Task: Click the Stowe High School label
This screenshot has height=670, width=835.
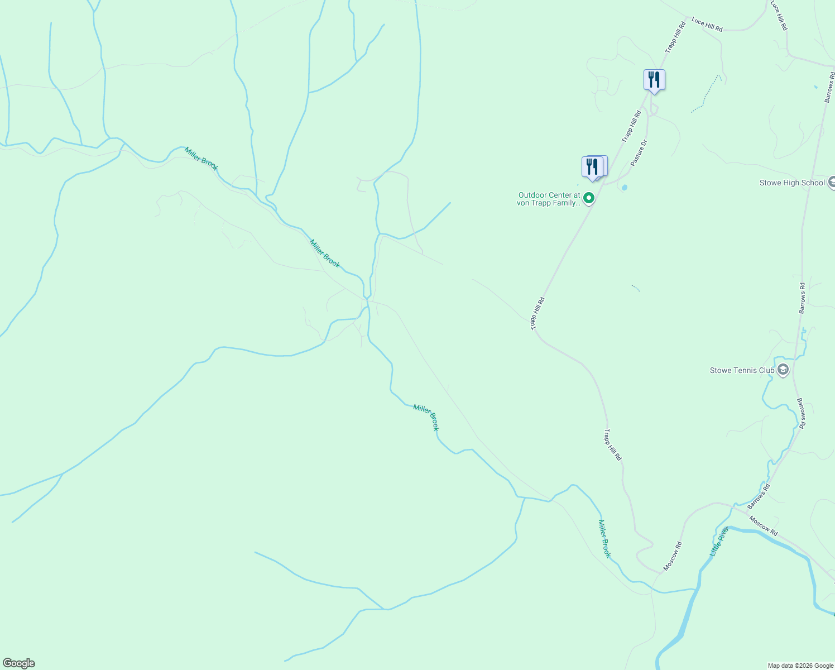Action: [x=791, y=183]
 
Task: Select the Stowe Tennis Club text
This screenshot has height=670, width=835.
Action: [x=742, y=370]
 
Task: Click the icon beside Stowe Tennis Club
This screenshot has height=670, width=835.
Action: [x=783, y=370]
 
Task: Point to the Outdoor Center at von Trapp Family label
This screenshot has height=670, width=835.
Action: [x=549, y=199]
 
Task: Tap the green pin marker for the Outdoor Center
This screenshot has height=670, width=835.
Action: [x=588, y=198]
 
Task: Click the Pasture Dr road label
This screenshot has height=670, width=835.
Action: [x=639, y=152]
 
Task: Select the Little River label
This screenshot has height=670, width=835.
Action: [x=719, y=541]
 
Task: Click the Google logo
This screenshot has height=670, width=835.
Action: [x=18, y=663]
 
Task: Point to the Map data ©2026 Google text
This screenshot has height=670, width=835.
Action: [x=800, y=666]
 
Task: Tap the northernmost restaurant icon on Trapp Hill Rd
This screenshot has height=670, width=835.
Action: [x=654, y=80]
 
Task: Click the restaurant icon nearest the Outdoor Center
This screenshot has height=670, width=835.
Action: [x=592, y=166]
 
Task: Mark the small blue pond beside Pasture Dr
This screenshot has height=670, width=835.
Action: [x=624, y=188]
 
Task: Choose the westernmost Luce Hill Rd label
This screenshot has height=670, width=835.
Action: [x=707, y=25]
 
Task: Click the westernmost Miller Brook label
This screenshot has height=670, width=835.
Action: [x=201, y=159]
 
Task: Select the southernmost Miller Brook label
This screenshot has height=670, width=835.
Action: [x=604, y=539]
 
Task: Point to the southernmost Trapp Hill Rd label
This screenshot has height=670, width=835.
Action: [x=612, y=444]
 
